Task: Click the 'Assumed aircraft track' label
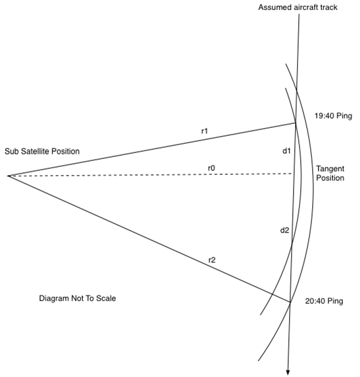[298, 7]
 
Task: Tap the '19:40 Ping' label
[333, 116]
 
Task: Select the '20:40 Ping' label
[324, 301]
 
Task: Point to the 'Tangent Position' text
[330, 174]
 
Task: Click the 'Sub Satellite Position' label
[42, 151]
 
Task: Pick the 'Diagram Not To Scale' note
[78, 298]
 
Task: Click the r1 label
[205, 131]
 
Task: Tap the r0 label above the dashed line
[211, 168]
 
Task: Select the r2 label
[211, 260]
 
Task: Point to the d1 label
[286, 151]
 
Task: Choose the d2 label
[284, 231]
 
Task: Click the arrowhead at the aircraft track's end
[288, 372]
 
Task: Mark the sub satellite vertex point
[9, 176]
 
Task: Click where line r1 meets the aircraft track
[296, 123]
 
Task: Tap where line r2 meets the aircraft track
[290, 302]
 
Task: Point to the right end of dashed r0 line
[292, 174]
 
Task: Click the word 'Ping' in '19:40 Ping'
[344, 116]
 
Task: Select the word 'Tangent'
[330, 169]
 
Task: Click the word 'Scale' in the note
[106, 298]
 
